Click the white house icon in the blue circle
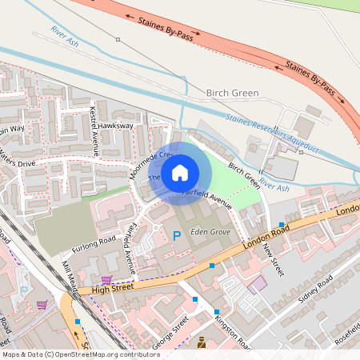[180, 173]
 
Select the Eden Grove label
[210, 232]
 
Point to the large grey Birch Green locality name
[232, 94]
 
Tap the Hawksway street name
[116, 126]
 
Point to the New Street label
[274, 257]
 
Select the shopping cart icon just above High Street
[106, 279]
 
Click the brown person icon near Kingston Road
[201, 343]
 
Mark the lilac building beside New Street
[258, 284]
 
